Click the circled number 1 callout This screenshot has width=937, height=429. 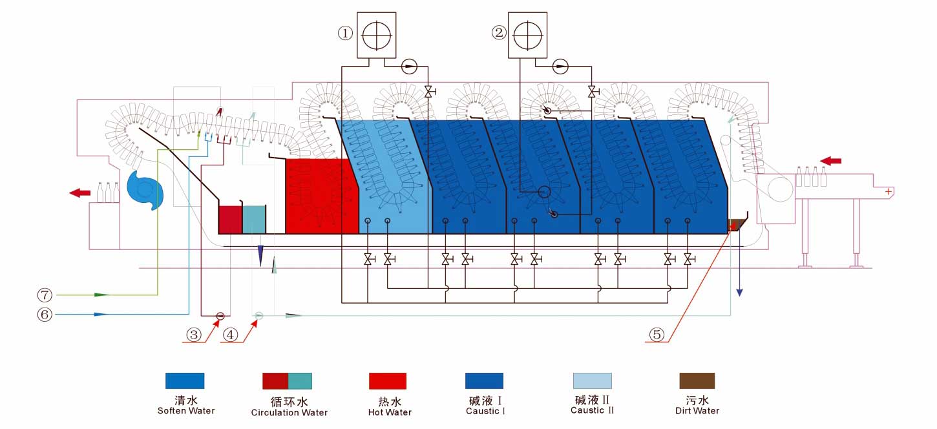tap(345, 33)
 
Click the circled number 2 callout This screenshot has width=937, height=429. tap(499, 32)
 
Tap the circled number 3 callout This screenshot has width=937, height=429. tap(194, 335)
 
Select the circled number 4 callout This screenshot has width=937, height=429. tap(231, 335)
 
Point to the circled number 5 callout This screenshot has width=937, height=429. tap(657, 334)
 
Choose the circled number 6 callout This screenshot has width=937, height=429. tap(45, 315)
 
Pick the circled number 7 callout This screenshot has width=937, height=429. tap(45, 295)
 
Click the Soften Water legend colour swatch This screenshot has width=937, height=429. tap(185, 381)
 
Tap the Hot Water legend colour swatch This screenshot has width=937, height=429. tap(388, 381)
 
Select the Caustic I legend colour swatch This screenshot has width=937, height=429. tap(485, 381)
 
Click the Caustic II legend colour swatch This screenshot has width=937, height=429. tap(593, 381)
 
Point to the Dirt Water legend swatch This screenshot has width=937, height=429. tap(697, 381)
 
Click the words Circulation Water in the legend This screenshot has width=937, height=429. tap(290, 413)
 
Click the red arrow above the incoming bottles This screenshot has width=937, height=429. tap(831, 161)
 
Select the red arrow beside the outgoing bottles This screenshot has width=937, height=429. tap(80, 193)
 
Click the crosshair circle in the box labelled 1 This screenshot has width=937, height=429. tap(377, 36)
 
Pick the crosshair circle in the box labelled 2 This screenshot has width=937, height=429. tap(527, 36)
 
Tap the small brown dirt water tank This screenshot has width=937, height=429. tap(737, 225)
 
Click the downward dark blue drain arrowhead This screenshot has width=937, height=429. tap(739, 293)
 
